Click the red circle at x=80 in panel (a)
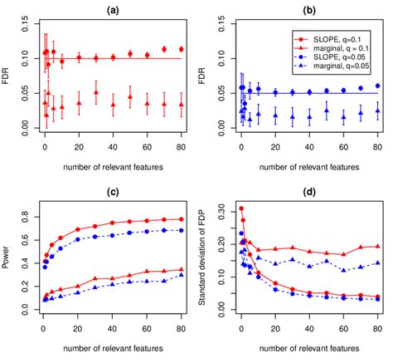[182, 49]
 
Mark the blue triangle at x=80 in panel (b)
[378, 109]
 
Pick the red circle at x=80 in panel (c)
[182, 219]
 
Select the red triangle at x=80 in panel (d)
[378, 246]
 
